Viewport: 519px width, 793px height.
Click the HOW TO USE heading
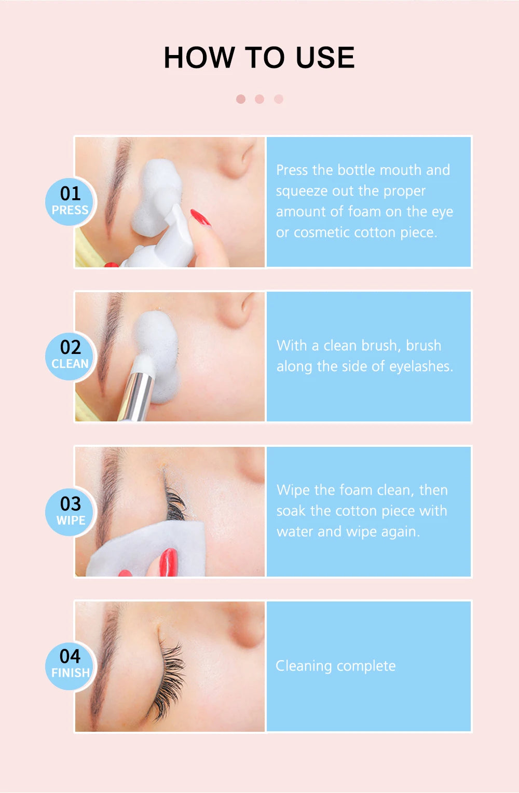click(x=259, y=57)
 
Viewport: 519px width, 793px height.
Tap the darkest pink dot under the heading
click(x=241, y=99)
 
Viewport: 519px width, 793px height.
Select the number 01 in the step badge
click(x=71, y=194)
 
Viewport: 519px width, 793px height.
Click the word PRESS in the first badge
click(x=70, y=210)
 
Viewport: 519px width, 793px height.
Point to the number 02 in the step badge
click(x=71, y=347)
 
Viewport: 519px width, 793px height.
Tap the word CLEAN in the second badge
click(x=70, y=364)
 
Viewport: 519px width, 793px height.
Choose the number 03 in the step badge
click(x=71, y=504)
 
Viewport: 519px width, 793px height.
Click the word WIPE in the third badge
click(x=71, y=520)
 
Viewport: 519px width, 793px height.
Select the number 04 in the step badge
click(x=71, y=656)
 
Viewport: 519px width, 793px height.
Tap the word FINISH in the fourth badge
click(x=71, y=673)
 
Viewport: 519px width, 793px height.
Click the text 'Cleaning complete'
click(x=335, y=666)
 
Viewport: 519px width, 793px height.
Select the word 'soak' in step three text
click(x=291, y=511)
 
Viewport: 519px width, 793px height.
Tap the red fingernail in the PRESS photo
click(x=200, y=217)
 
